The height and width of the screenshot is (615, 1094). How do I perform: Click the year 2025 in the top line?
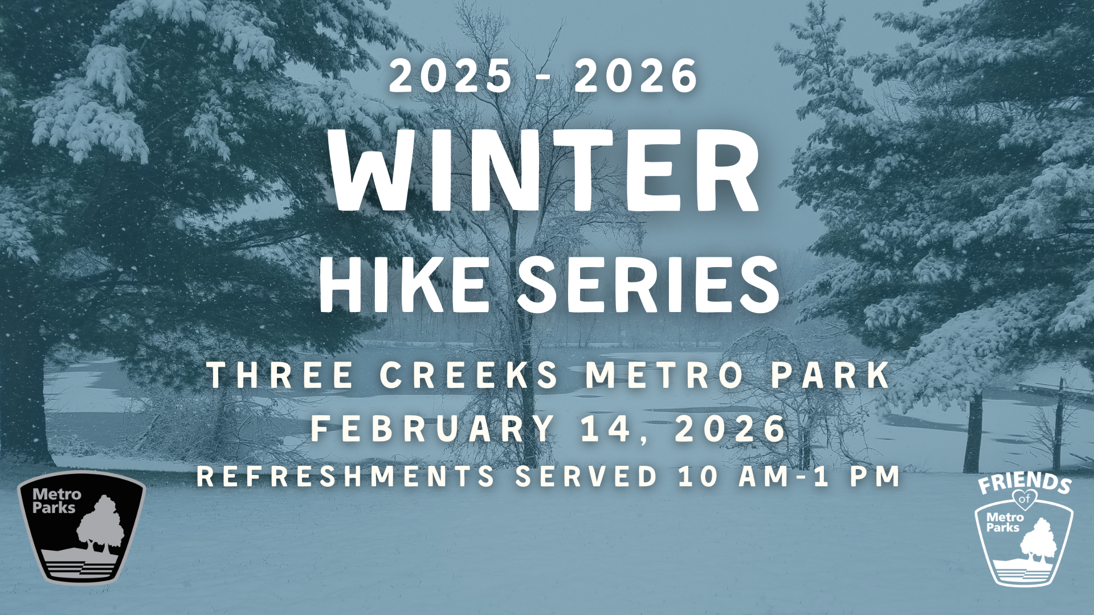coord(450,76)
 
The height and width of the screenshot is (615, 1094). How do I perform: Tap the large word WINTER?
coord(545,170)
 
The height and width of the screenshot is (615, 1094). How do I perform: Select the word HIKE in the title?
coord(403,284)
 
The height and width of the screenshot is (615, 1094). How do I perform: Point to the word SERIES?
coord(649,284)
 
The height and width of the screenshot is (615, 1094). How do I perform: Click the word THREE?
coord(281,375)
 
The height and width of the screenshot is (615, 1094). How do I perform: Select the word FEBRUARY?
coord(432,428)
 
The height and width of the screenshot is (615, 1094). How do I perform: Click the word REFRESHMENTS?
coord(346,476)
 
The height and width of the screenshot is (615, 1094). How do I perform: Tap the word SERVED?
coord(587,476)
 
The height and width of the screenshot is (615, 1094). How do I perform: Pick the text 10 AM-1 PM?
coord(789,476)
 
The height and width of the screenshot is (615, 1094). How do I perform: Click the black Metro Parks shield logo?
coord(81,527)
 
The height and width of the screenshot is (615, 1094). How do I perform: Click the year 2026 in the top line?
coord(636,76)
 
